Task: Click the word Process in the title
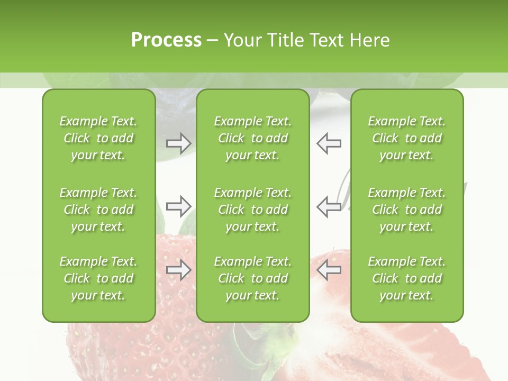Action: pyautogui.click(x=166, y=40)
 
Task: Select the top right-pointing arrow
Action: pyautogui.click(x=179, y=143)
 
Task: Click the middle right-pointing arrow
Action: pyautogui.click(x=179, y=206)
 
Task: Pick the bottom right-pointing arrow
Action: pyautogui.click(x=179, y=270)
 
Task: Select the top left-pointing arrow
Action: pyautogui.click(x=329, y=143)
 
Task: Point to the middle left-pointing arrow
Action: pyautogui.click(x=329, y=206)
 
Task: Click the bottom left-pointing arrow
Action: pyautogui.click(x=329, y=270)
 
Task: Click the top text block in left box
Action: pyautogui.click(x=98, y=138)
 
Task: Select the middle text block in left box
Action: pyautogui.click(x=98, y=210)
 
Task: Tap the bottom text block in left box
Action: pyautogui.click(x=98, y=278)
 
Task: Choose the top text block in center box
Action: pyautogui.click(x=252, y=138)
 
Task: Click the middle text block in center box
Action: pyautogui.click(x=252, y=210)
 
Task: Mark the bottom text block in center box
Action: pyautogui.click(x=252, y=278)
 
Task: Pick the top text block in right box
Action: pyautogui.click(x=406, y=138)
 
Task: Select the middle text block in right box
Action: pyautogui.click(x=406, y=210)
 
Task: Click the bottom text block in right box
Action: pyautogui.click(x=406, y=278)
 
